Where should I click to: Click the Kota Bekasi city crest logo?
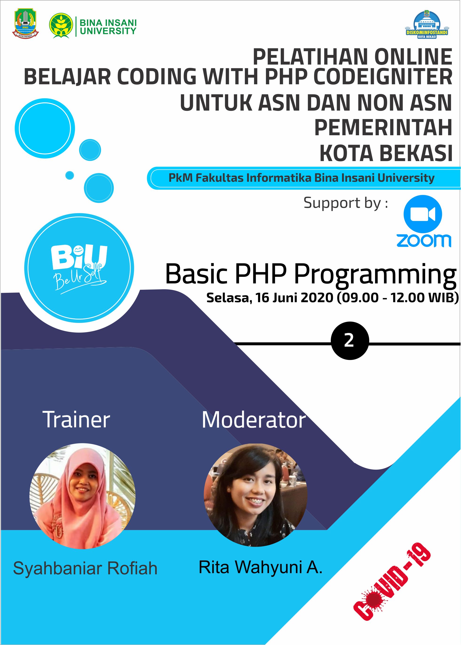tap(25, 23)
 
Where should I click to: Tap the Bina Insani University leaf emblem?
tap(61, 26)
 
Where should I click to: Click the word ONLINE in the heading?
tap(413, 57)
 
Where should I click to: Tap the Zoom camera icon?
tap(423, 214)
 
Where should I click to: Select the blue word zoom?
tap(424, 240)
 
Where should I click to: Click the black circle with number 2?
tap(350, 340)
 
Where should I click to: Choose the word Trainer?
tap(76, 420)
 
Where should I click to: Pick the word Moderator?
tap(254, 420)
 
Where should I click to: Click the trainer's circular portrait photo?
tap(82, 496)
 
